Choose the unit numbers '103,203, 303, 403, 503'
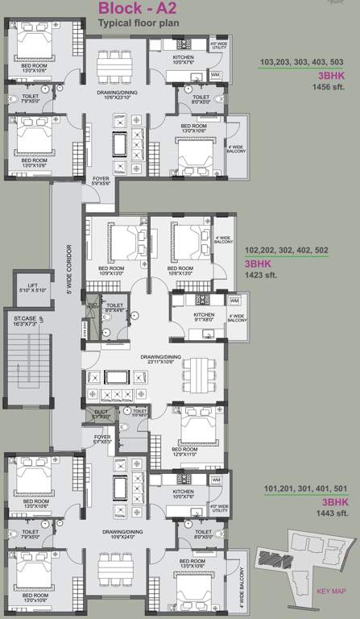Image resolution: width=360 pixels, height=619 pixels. click(302, 61)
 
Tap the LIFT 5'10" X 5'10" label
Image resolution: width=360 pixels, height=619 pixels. click(31, 287)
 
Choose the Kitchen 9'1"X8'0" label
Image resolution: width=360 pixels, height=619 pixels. click(204, 317)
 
